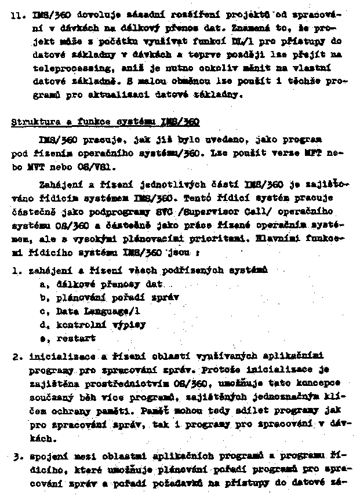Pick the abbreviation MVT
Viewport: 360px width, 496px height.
pos(21,167)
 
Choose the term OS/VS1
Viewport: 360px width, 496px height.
pos(103,167)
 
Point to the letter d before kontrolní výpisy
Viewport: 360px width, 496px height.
pos(42,324)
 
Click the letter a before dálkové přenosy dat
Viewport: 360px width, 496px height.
pos(42,284)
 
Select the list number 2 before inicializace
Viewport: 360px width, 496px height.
pos(16,356)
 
